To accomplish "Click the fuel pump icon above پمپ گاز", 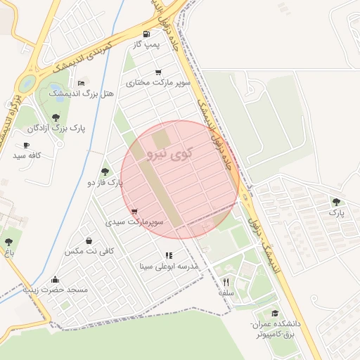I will (146, 34).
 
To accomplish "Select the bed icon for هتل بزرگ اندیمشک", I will (82, 82).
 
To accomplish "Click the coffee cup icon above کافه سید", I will (26, 145).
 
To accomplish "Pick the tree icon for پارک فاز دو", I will (105, 172).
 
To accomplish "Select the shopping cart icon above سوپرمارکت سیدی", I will (134, 211).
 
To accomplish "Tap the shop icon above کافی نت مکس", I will (89, 240).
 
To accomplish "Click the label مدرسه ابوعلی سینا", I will (169, 266).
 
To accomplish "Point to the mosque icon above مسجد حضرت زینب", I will (56, 279).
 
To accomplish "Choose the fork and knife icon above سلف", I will (226, 282).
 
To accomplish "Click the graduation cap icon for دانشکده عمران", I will (274, 314).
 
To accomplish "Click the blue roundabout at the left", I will (27, 83).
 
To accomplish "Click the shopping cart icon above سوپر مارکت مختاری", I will (158, 72).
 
